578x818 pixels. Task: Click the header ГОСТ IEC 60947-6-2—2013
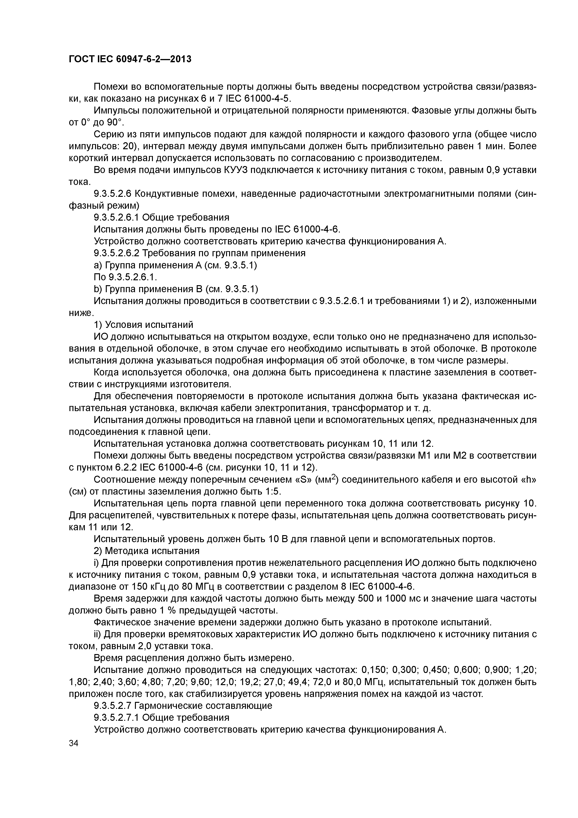tap(130, 59)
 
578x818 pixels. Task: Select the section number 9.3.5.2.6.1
tap(116, 217)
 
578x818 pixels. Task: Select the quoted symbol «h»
tap(529, 480)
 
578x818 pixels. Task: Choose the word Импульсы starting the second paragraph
tap(117, 111)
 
